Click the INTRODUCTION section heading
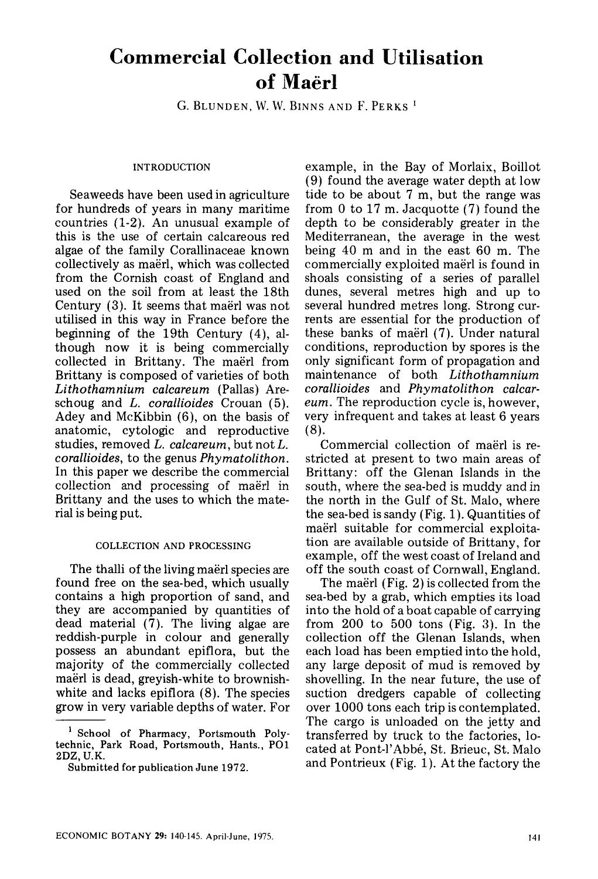172,168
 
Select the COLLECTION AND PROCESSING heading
173,546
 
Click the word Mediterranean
349,237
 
